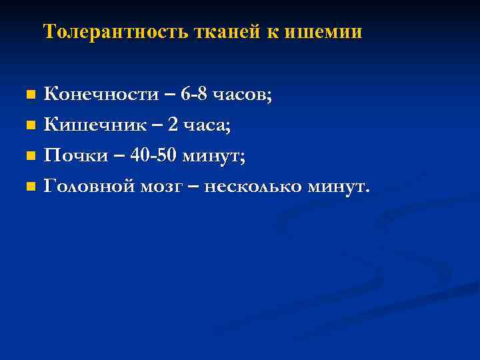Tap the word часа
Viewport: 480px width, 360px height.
click(199, 125)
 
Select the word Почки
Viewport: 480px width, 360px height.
click(74, 155)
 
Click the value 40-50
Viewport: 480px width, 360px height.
click(153, 155)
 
